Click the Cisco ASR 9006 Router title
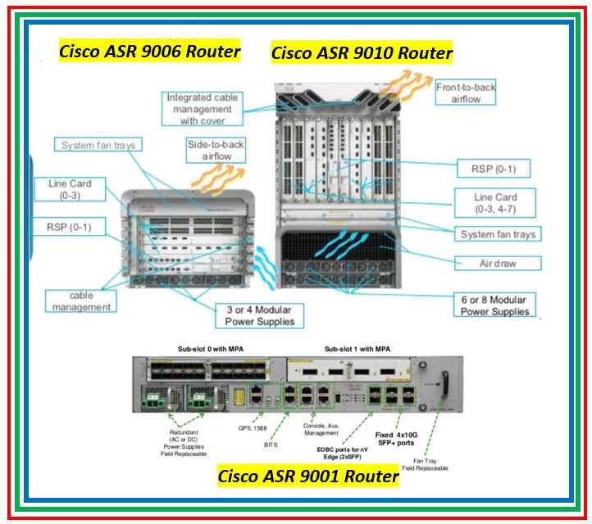pyautogui.click(x=149, y=52)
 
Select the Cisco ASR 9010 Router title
pyautogui.click(x=362, y=54)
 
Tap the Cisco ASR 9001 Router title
pyautogui.click(x=308, y=476)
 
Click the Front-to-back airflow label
pyautogui.click(x=465, y=92)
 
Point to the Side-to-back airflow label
pyautogui.click(x=215, y=151)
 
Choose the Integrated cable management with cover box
pyautogui.click(x=201, y=109)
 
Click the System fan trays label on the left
pyautogui.click(x=98, y=146)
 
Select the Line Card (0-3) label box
pyautogui.click(x=75, y=190)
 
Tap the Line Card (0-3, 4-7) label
pyautogui.click(x=495, y=203)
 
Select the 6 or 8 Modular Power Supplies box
pyautogui.click(x=495, y=305)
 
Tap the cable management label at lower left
pyautogui.click(x=80, y=300)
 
